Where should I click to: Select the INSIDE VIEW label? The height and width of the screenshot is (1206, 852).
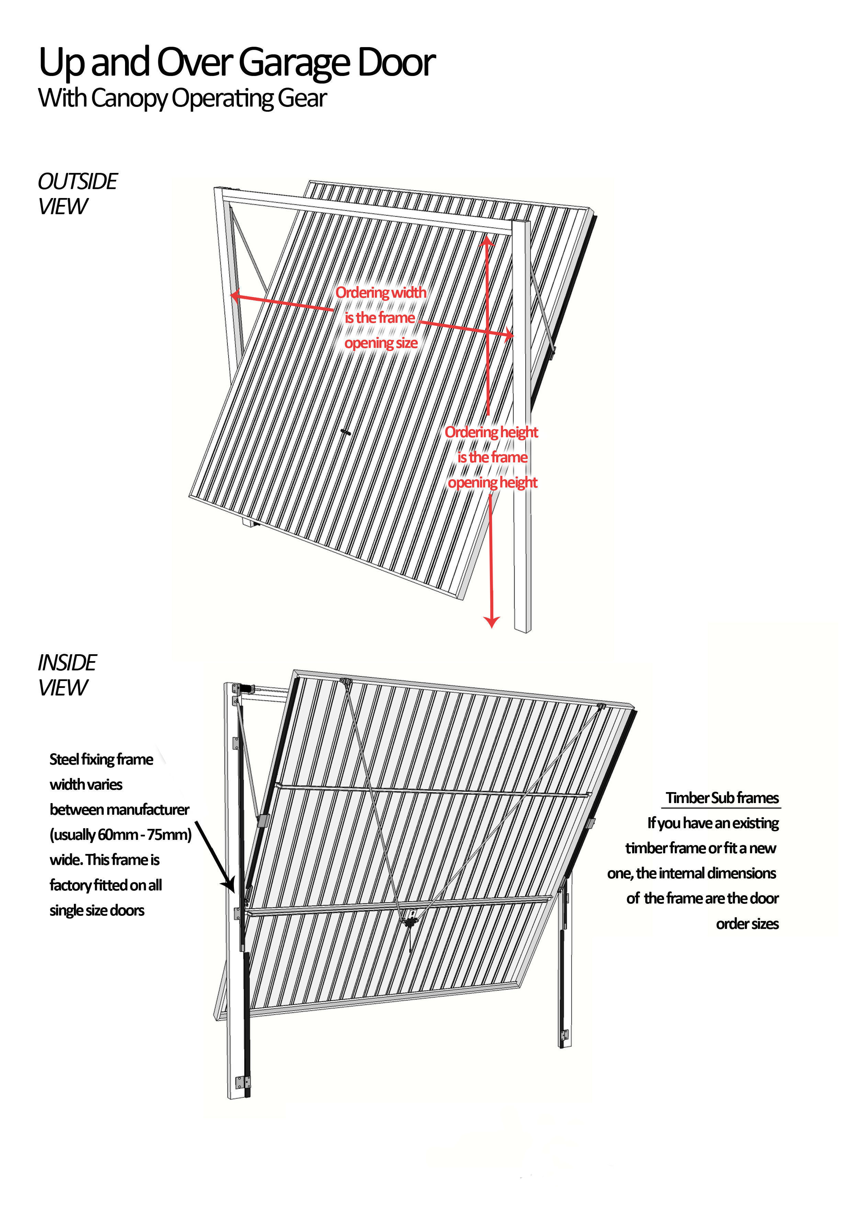67,675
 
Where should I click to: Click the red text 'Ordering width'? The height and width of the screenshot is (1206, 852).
381,293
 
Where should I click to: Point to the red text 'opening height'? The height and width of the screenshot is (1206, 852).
492,483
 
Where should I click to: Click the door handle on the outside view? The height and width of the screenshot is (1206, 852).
345,432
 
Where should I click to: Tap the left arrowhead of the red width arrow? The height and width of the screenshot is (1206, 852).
236,296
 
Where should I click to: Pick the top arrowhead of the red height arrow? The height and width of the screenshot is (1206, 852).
487,241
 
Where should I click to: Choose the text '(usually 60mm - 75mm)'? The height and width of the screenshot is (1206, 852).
121,835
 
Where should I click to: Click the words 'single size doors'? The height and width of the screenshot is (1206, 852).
97,910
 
